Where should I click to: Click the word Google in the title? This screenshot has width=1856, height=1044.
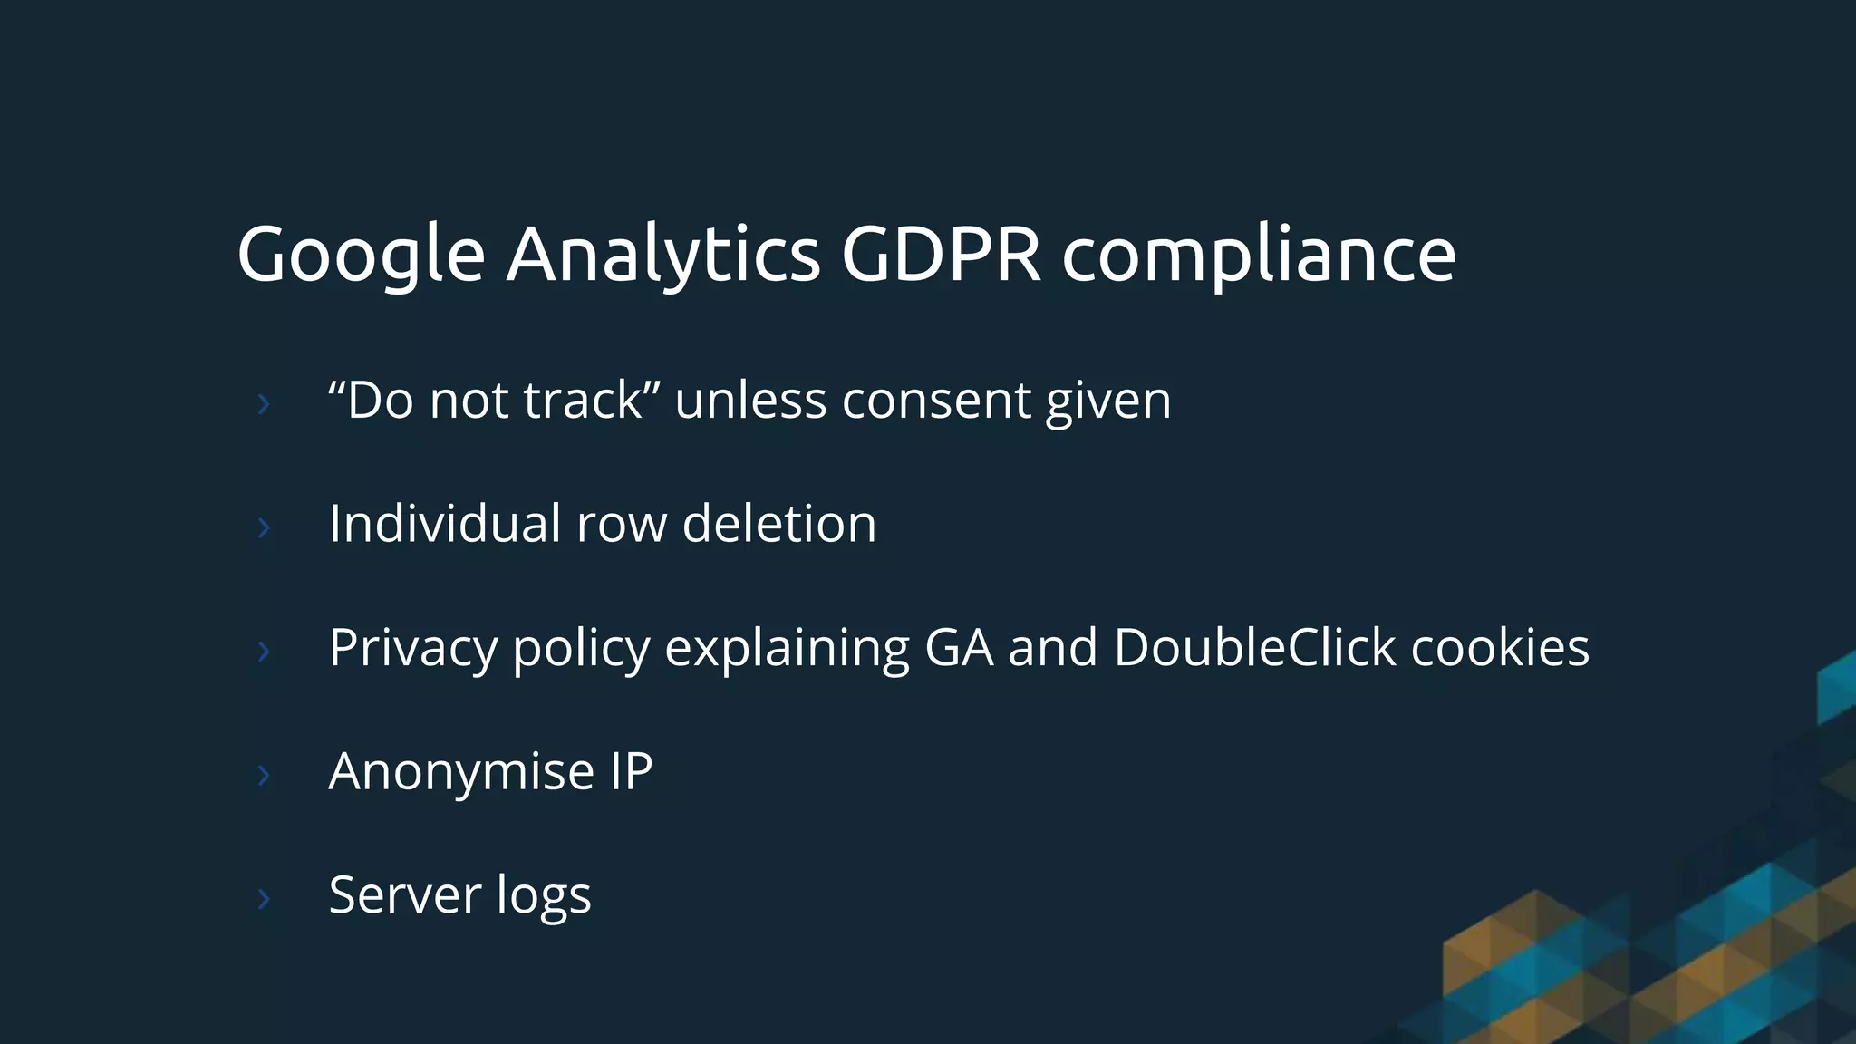[361, 256]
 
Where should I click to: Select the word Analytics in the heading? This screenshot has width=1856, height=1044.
[662, 256]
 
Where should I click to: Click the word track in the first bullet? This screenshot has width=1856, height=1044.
[583, 401]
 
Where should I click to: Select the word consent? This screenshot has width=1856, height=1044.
[936, 401]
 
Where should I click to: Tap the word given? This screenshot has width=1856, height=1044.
[1107, 402]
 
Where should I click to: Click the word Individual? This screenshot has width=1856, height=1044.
[445, 524]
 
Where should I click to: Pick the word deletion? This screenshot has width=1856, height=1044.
[778, 524]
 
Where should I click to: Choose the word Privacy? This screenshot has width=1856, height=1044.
[413, 649]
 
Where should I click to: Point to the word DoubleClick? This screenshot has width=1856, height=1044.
[1254, 647]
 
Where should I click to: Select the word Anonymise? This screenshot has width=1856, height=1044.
[461, 772]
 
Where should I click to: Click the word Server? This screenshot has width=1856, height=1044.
[405, 895]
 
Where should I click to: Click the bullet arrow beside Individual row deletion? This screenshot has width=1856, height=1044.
[264, 527]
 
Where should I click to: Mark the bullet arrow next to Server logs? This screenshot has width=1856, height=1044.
[264, 898]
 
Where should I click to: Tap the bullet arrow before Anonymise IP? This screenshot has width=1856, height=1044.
[264, 775]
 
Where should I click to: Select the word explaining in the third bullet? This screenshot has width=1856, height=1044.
[787, 649]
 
